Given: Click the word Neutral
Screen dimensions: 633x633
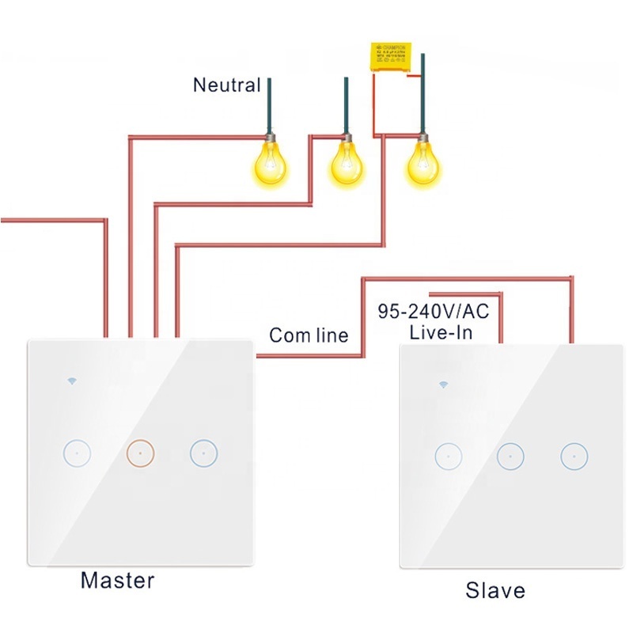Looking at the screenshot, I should pyautogui.click(x=226, y=85).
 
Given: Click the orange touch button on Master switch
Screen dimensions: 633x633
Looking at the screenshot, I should pyautogui.click(x=139, y=453).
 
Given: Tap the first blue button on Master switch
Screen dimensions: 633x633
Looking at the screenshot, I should pyautogui.click(x=77, y=453).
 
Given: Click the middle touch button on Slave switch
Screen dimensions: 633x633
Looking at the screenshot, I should pyautogui.click(x=511, y=456).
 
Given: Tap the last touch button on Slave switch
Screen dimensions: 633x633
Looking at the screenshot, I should pyautogui.click(x=573, y=456).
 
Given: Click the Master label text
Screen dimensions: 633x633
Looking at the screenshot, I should pyautogui.click(x=117, y=581).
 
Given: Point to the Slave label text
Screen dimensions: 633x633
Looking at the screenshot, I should pyautogui.click(x=495, y=590).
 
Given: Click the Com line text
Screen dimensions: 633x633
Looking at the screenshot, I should pyautogui.click(x=309, y=335).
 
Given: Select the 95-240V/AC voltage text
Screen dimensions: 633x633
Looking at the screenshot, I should pyautogui.click(x=434, y=312).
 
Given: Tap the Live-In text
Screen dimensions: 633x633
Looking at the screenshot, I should pyautogui.click(x=441, y=332).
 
